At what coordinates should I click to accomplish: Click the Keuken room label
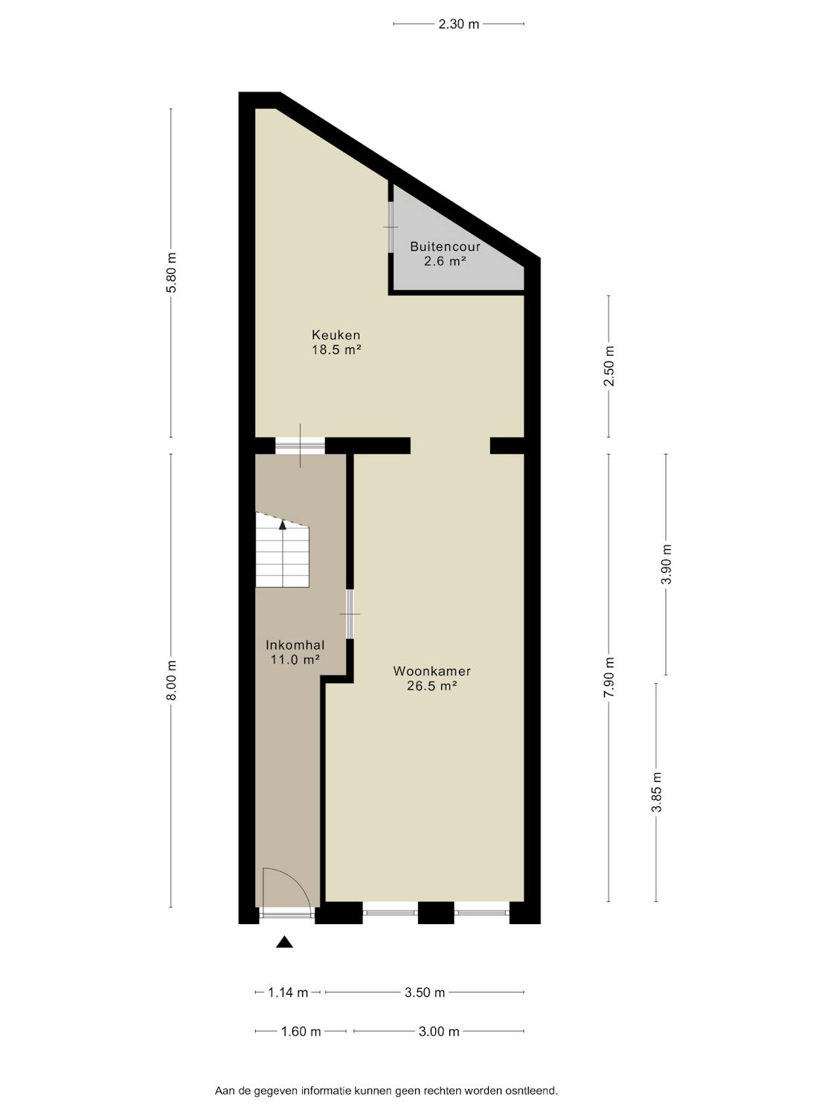pyautogui.click(x=336, y=335)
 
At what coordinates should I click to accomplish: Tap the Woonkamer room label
pyautogui.click(x=432, y=671)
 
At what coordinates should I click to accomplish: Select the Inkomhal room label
pyautogui.click(x=295, y=645)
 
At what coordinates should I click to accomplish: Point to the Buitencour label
pyautogui.click(x=445, y=246)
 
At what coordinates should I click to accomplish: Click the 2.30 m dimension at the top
pyautogui.click(x=459, y=24)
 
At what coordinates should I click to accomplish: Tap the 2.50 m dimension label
pyautogui.click(x=609, y=366)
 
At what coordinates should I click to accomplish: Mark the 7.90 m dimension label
pyautogui.click(x=609, y=678)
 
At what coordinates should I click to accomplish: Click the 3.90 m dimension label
pyautogui.click(x=666, y=565)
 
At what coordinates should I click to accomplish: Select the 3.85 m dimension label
pyautogui.click(x=657, y=792)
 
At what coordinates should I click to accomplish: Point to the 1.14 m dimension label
pyautogui.click(x=288, y=992)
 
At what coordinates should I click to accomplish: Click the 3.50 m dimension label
pyautogui.click(x=425, y=992)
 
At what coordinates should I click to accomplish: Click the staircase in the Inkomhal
pyautogui.click(x=282, y=550)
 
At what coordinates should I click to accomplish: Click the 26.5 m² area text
pyautogui.click(x=432, y=686)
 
